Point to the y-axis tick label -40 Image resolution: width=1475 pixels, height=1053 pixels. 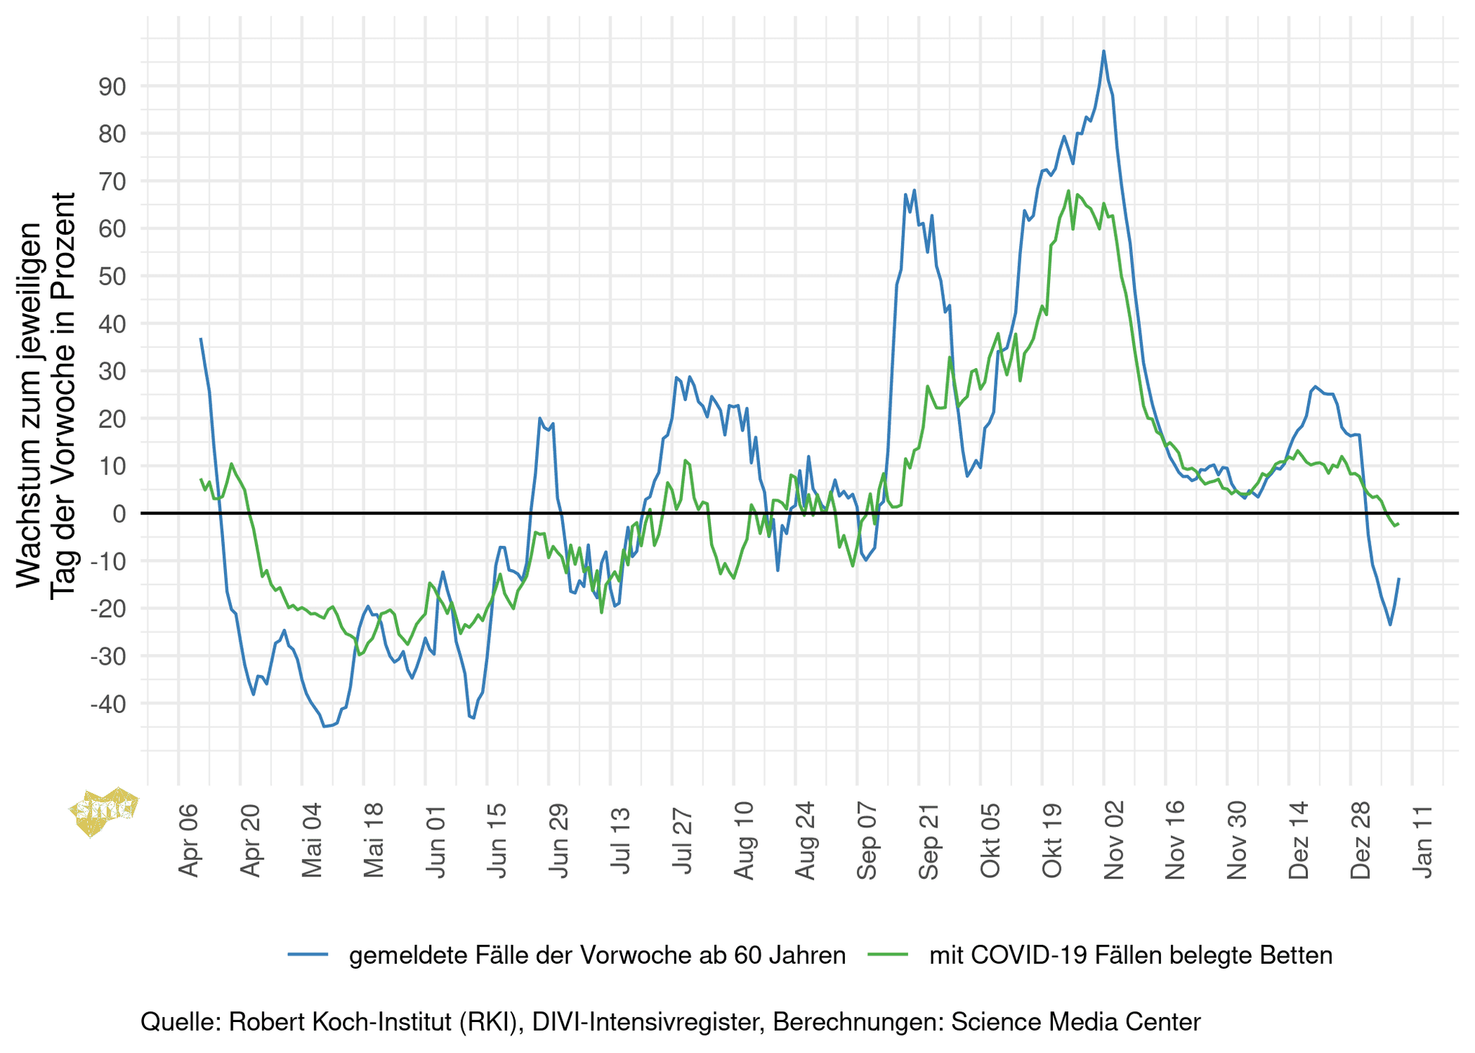point(107,704)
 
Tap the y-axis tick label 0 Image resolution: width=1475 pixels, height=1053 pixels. point(119,514)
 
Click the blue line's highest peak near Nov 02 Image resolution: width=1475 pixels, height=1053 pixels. point(1103,51)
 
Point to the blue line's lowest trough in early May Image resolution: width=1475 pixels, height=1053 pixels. point(325,726)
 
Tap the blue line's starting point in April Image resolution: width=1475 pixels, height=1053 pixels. point(201,339)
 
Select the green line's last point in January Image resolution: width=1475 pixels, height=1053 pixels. point(1398,524)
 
